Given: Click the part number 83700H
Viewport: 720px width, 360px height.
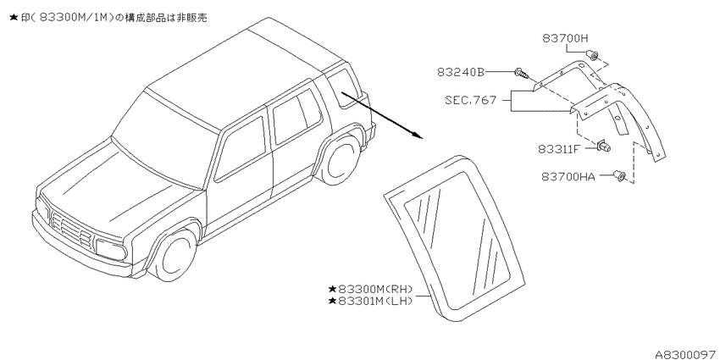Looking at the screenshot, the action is (x=565, y=39).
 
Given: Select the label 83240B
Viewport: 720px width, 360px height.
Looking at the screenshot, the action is (x=461, y=72).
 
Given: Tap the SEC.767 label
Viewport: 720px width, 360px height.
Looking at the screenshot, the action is (x=471, y=100).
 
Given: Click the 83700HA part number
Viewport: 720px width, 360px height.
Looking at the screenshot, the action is (x=568, y=176).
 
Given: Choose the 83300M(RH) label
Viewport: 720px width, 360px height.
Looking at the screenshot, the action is (x=370, y=290).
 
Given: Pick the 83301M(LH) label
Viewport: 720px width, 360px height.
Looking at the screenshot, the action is (x=370, y=302).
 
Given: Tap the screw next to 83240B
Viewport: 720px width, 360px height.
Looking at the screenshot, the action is (x=522, y=73).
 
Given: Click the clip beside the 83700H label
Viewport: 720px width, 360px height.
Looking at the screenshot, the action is (x=592, y=56).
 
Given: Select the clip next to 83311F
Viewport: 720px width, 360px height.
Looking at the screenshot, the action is (x=603, y=147).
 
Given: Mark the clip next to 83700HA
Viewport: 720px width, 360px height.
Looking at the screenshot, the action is (x=619, y=175).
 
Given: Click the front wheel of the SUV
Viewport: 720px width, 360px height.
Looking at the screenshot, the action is (x=175, y=256).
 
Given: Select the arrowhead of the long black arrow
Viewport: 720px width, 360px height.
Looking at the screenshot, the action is (x=416, y=135).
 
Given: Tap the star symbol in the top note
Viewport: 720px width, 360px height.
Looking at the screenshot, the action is (x=14, y=18).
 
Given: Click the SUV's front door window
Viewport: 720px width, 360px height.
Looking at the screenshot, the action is (x=241, y=148).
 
